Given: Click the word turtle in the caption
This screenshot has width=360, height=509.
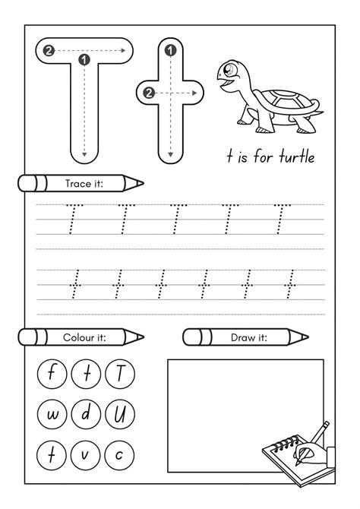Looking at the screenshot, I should (x=292, y=157).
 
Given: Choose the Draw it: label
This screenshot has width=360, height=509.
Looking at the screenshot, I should (x=248, y=336).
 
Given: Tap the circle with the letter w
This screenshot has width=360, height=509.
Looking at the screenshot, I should (x=52, y=415).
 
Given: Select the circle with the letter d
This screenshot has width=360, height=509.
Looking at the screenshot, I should (x=86, y=415).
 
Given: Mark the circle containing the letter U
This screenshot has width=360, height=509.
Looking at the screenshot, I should (x=120, y=415).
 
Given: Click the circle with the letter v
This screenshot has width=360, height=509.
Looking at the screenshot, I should (x=86, y=455).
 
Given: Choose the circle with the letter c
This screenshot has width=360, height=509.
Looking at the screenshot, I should (x=120, y=455).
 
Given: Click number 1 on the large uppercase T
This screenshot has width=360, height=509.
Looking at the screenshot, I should (x=84, y=58).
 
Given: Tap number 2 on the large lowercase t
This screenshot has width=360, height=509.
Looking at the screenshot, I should (x=150, y=93).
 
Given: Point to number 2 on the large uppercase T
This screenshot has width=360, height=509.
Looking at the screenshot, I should (x=49, y=51).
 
